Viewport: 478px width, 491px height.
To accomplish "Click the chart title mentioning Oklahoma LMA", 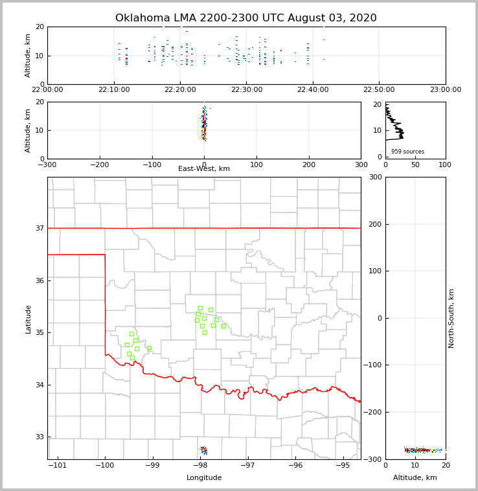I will (x=245, y=18).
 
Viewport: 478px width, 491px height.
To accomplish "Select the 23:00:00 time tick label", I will (x=445, y=90).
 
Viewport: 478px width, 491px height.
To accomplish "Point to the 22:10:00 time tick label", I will (x=114, y=90).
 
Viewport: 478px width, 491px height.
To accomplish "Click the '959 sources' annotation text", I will (x=407, y=152).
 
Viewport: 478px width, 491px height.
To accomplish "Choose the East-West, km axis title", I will (x=204, y=169).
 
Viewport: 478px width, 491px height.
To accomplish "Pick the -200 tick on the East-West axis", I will (x=99, y=165).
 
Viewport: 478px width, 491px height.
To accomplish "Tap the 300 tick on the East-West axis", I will (x=361, y=165).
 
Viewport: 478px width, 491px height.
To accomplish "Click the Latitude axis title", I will (x=28, y=319).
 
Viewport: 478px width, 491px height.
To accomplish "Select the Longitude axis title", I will (x=204, y=478).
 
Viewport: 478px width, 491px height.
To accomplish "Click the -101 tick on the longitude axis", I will (x=58, y=465).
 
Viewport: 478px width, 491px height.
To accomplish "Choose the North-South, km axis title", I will (x=451, y=318).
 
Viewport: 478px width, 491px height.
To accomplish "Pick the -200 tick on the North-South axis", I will (x=373, y=413).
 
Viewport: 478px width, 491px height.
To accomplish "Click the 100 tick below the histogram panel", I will (x=445, y=165).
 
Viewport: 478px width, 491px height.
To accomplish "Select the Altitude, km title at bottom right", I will (x=415, y=478).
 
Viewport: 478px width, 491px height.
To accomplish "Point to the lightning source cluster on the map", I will (x=204, y=450).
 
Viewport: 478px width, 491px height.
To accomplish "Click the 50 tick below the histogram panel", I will (x=415, y=165).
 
